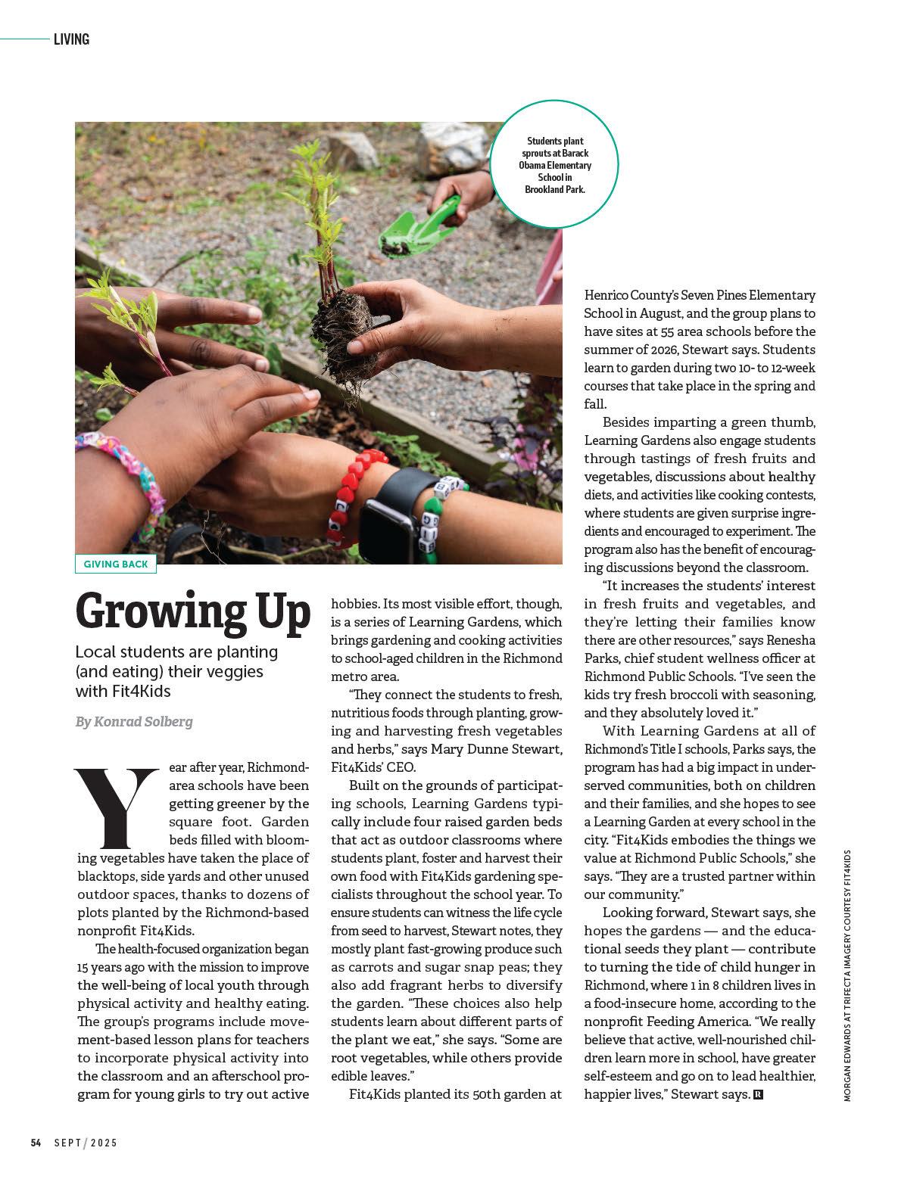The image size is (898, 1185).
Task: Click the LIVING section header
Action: tap(71, 39)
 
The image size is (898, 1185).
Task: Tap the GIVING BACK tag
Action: tap(116, 565)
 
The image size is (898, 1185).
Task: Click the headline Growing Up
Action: tap(193, 611)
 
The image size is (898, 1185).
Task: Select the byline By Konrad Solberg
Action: tap(134, 722)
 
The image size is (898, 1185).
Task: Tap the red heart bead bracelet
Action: tap(356, 492)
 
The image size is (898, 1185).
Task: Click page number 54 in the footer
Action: tap(36, 1143)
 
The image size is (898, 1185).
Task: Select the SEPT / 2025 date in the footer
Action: tap(86, 1143)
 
